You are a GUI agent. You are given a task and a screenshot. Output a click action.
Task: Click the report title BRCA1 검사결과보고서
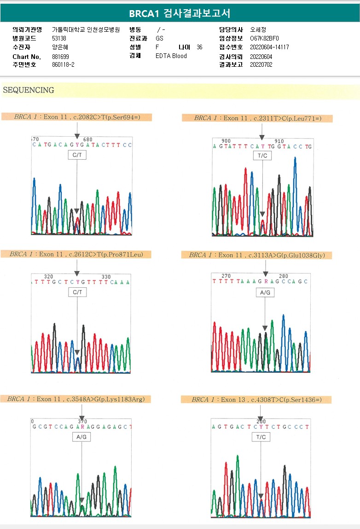pos(180,13)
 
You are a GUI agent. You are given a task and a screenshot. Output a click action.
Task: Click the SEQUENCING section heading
pos(29,90)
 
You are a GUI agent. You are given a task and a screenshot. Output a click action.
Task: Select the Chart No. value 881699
pos(61,57)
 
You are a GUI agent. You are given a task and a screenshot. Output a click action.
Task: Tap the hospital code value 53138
pos(59,39)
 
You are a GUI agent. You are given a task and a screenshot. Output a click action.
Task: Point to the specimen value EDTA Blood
pos(171,56)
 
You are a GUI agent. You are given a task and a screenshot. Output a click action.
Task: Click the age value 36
pos(199,47)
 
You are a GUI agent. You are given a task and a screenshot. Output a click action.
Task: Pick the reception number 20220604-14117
pos(269,47)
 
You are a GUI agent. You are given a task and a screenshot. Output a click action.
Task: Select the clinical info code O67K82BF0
pos(264,39)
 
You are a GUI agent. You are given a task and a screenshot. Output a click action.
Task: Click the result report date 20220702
pos(261,65)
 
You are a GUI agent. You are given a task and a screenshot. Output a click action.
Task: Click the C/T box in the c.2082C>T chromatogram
pos(77,156)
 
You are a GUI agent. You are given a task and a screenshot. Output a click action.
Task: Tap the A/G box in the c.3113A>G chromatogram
pos(265,292)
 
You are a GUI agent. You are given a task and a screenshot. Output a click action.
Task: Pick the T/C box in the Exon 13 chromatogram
pos(261,437)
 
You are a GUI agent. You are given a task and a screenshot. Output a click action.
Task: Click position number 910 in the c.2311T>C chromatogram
pos(279,141)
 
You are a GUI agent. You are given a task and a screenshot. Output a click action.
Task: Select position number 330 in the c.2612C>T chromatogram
pos(106,277)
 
